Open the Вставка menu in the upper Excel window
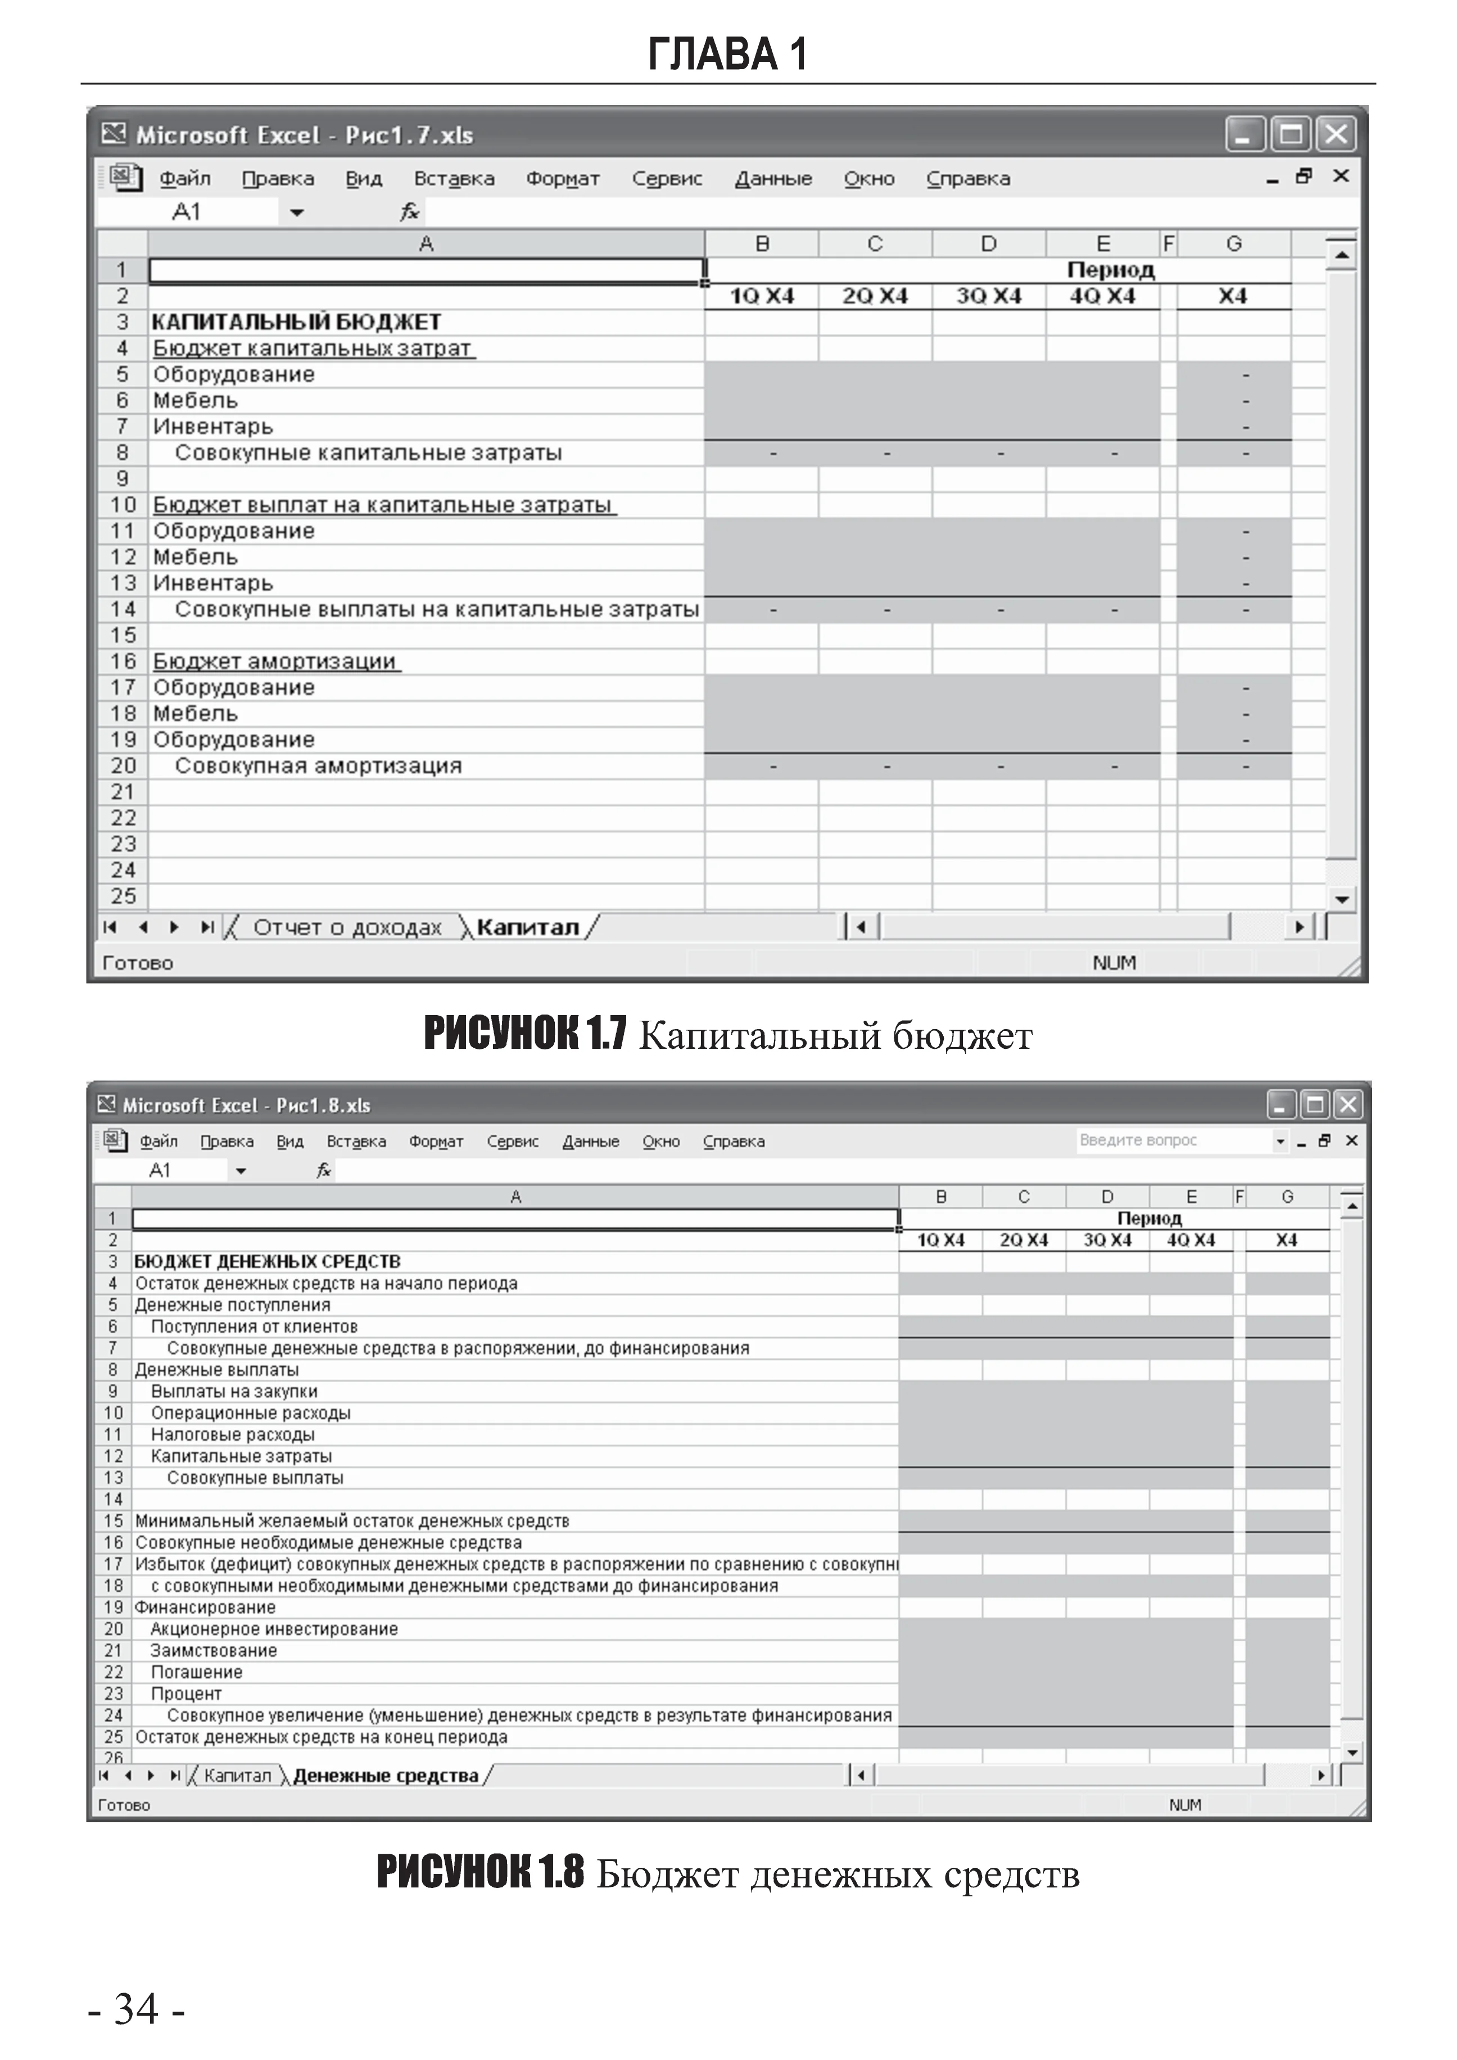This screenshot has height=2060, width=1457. click(x=454, y=179)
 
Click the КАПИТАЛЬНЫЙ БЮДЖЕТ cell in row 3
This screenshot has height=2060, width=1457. click(x=296, y=322)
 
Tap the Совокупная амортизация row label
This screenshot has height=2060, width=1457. click(x=318, y=766)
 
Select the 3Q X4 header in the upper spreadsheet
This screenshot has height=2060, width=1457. click(x=989, y=296)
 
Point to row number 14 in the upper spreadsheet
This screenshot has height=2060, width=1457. click(x=123, y=609)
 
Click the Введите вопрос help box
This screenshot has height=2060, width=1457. click(x=1174, y=1140)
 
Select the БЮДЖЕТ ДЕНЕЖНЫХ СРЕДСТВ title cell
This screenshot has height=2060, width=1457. click(x=268, y=1261)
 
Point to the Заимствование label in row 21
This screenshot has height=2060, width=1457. click(x=214, y=1650)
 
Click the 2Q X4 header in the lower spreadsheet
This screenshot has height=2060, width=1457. click(x=1024, y=1240)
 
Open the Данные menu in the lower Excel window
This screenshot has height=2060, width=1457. click(x=590, y=1141)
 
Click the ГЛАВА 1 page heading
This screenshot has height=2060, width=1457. click(x=727, y=54)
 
